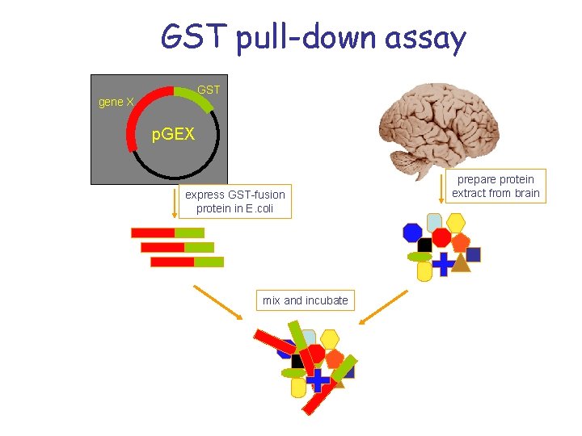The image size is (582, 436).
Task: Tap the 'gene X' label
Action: (116, 102)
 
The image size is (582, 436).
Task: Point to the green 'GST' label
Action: (209, 90)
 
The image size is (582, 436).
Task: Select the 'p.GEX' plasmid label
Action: (174, 134)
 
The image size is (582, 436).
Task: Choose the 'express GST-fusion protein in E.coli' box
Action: (234, 202)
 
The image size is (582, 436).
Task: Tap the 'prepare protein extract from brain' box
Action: (496, 187)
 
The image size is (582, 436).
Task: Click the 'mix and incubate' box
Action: (305, 300)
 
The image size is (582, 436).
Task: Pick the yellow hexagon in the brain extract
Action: (456, 222)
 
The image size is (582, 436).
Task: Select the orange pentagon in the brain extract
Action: (460, 241)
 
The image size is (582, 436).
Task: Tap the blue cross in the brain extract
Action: (443, 264)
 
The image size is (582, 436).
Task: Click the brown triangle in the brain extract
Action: (461, 262)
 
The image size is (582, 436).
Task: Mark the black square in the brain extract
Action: (425, 245)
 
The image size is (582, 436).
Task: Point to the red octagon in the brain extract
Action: (441, 237)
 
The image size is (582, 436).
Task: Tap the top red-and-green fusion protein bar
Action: (167, 233)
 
